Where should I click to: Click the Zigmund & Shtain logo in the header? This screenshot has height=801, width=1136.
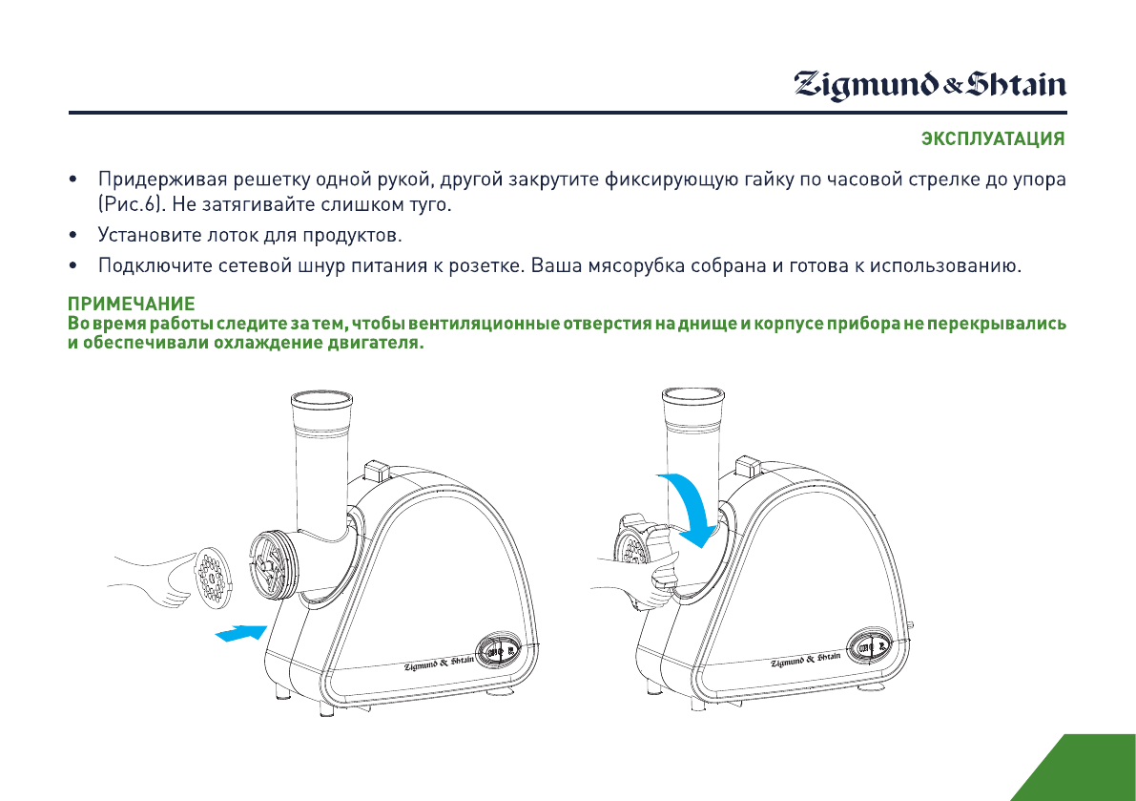click(x=931, y=85)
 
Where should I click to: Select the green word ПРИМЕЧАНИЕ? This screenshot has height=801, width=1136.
click(x=131, y=305)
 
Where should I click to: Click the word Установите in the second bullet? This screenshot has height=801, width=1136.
click(x=147, y=235)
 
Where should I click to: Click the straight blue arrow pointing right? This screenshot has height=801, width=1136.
click(x=238, y=633)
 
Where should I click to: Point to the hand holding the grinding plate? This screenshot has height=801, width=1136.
click(x=157, y=578)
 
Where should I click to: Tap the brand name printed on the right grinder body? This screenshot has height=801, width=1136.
click(x=806, y=660)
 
